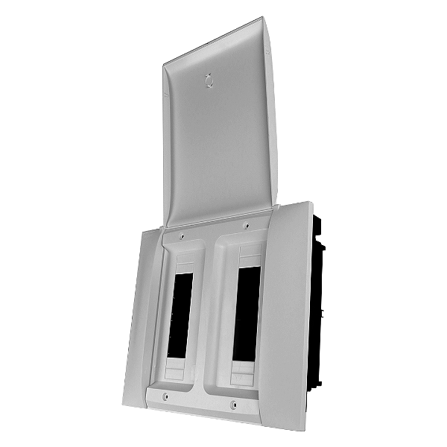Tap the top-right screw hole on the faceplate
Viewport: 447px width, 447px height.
(x=245, y=223)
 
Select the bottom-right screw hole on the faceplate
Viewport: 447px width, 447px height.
(x=234, y=405)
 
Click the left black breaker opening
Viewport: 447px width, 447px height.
(x=179, y=313)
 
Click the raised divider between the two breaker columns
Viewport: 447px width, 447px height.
(x=211, y=313)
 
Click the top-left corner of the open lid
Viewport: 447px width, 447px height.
(x=164, y=66)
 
